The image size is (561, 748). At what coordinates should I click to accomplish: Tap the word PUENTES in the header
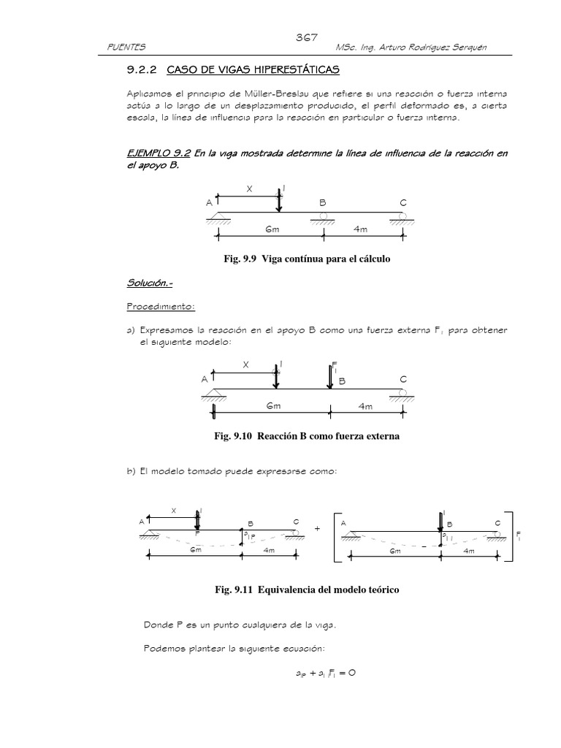click(126, 47)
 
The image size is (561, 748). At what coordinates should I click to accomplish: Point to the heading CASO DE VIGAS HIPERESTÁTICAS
click(253, 70)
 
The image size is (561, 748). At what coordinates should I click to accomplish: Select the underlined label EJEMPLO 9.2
click(153, 153)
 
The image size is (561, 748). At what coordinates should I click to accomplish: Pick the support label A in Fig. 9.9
click(210, 202)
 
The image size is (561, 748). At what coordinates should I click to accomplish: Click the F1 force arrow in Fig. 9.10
click(331, 375)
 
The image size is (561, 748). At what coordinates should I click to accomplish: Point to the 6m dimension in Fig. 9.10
click(274, 405)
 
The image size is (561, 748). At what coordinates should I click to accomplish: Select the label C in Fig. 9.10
click(402, 378)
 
